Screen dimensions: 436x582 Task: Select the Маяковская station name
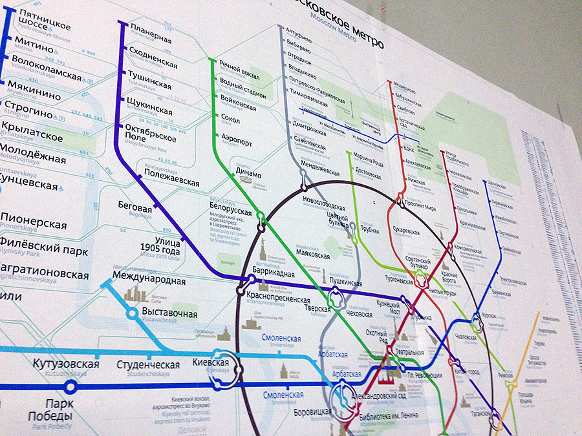(316, 254)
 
